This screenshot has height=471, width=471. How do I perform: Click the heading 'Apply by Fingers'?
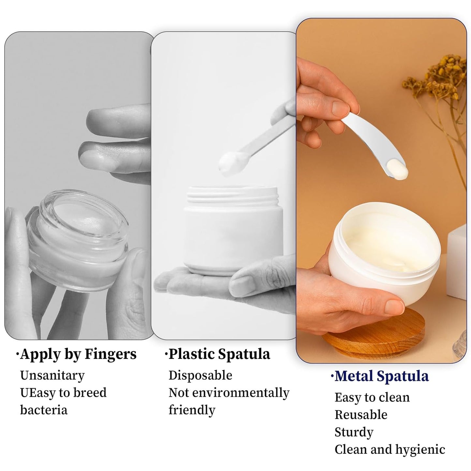tap(78, 354)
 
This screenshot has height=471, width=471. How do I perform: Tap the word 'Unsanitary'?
tap(52, 375)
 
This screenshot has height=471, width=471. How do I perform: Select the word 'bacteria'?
tap(44, 410)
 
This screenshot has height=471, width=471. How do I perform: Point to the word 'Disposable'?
tap(200, 375)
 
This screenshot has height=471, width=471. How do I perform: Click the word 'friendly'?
tap(192, 410)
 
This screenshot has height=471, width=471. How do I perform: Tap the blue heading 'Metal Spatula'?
tap(381, 376)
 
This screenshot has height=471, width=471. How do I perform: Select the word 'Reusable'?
tap(361, 415)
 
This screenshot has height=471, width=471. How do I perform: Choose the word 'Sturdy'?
tap(354, 432)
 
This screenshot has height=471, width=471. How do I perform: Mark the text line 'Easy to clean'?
tap(372, 398)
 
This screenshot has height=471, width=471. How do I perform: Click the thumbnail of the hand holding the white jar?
tap(224, 186)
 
